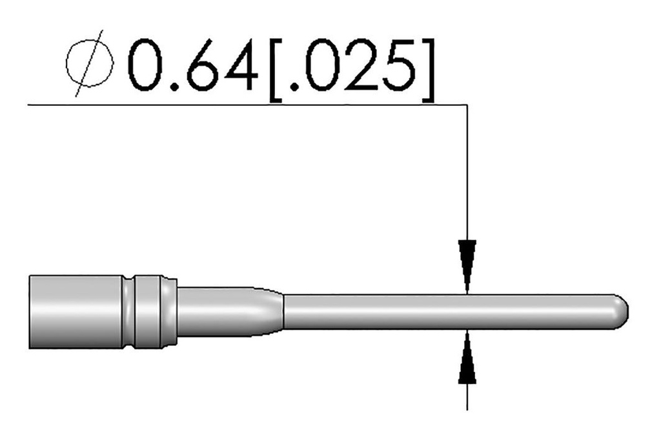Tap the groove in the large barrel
pyautogui.click(x=130, y=311)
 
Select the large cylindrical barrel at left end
pyautogui.click(x=74, y=311)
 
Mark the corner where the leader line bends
pyautogui.click(x=467, y=103)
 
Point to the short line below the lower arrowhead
pyautogui.click(x=467, y=397)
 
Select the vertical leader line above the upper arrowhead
pyautogui.click(x=467, y=174)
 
